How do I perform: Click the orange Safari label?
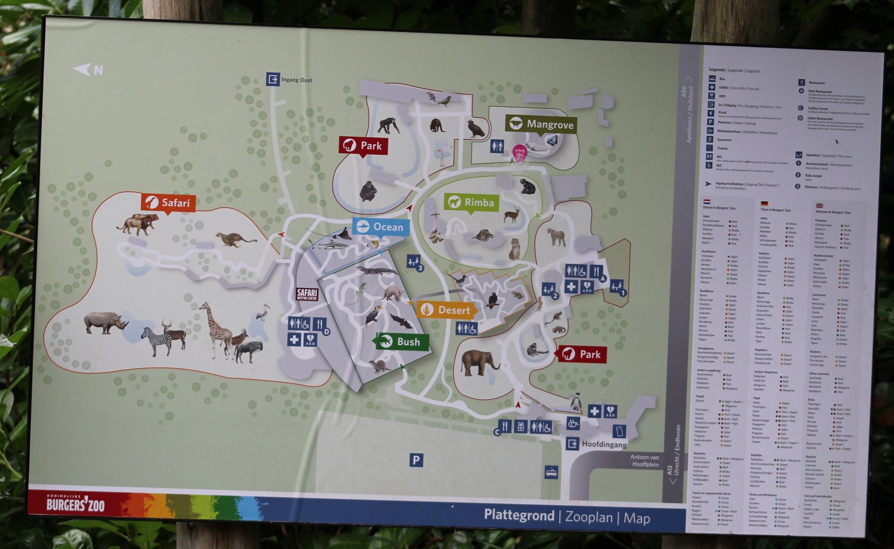[168, 203]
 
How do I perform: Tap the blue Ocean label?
[381, 227]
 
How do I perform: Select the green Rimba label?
[471, 202]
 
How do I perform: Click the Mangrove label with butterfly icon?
[541, 124]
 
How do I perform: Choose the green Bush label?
[401, 342]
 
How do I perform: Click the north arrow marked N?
[89, 70]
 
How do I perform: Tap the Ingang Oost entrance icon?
[273, 79]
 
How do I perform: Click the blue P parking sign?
[416, 460]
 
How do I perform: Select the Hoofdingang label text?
[604, 444]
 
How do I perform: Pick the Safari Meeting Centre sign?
[307, 294]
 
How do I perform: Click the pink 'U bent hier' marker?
[519, 152]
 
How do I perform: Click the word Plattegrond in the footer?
[518, 515]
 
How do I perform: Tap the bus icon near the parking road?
[551, 472]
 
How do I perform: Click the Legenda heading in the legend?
[716, 70]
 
